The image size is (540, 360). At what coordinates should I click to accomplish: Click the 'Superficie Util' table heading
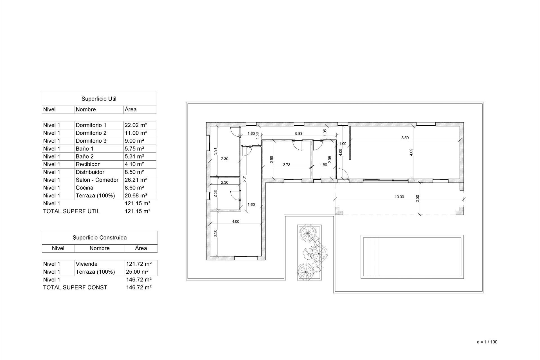99,99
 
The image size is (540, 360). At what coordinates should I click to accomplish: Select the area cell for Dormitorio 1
136,125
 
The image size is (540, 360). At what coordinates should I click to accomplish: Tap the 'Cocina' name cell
84,188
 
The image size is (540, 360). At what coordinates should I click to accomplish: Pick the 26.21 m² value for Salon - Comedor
136,180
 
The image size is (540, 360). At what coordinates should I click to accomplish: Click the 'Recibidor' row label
87,164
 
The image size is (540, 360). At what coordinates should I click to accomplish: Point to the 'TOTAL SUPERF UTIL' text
71,211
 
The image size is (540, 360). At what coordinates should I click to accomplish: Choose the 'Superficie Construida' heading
100,238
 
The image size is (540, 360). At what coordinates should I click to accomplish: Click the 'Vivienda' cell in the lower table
87,264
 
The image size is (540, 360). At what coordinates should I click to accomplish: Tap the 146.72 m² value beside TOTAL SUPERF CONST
139,287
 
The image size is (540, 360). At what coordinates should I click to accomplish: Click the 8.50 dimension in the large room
405,138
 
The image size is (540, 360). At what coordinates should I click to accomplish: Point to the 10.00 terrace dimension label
399,197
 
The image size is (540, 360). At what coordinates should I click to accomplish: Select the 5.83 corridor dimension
299,134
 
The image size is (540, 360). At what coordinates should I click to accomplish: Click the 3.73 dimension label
286,165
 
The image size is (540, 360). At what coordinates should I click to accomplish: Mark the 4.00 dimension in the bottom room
235,222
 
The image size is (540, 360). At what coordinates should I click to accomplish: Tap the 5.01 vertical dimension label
244,179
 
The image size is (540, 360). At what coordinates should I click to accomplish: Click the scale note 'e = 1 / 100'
487,342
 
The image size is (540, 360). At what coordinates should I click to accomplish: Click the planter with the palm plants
309,252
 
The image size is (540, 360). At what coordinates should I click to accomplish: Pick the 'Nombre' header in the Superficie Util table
86,109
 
